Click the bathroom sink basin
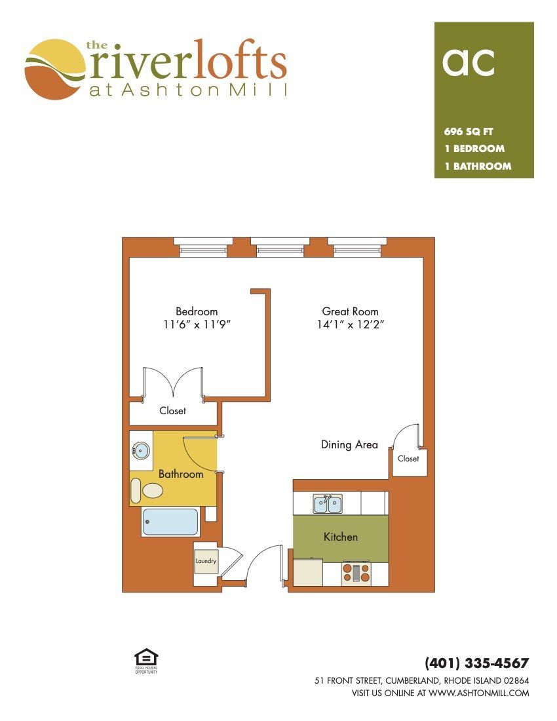(x=141, y=450)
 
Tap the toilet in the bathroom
(x=147, y=490)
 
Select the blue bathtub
(x=170, y=522)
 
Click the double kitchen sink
(x=327, y=504)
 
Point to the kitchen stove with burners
(x=356, y=573)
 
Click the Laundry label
(x=205, y=561)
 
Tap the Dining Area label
(x=349, y=444)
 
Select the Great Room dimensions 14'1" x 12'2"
(x=350, y=324)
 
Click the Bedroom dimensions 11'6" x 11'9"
(x=197, y=324)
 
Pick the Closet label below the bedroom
(x=173, y=410)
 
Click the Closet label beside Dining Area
(x=408, y=458)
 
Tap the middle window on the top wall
(x=280, y=247)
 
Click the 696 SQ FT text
(x=469, y=132)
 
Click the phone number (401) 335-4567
(x=477, y=663)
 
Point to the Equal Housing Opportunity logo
(x=146, y=661)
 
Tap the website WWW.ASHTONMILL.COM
(x=479, y=693)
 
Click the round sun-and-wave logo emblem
(x=55, y=69)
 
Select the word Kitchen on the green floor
(x=341, y=537)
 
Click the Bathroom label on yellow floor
(x=181, y=474)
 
